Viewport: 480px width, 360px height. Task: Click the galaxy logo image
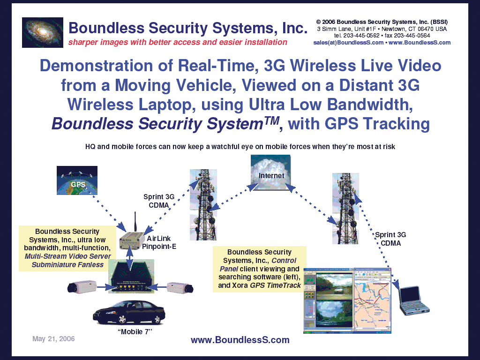click(42, 32)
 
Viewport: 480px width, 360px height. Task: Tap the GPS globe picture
click(77, 180)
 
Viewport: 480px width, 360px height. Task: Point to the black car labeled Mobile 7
click(128, 312)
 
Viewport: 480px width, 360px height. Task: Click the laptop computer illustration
click(413, 300)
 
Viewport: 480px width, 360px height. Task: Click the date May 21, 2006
click(53, 338)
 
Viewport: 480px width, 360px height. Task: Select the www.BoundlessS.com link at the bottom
click(240, 340)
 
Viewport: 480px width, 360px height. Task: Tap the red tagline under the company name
click(178, 42)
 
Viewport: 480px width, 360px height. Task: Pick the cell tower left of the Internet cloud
click(203, 204)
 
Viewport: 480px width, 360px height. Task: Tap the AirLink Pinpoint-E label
click(159, 242)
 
